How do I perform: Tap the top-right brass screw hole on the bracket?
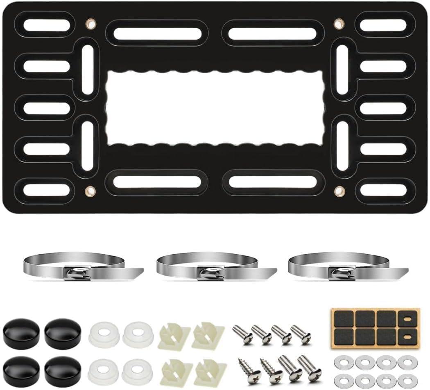[338, 24]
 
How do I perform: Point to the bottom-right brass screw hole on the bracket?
[339, 191]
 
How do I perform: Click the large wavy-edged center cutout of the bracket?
[215, 109]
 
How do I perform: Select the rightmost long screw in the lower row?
[310, 367]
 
